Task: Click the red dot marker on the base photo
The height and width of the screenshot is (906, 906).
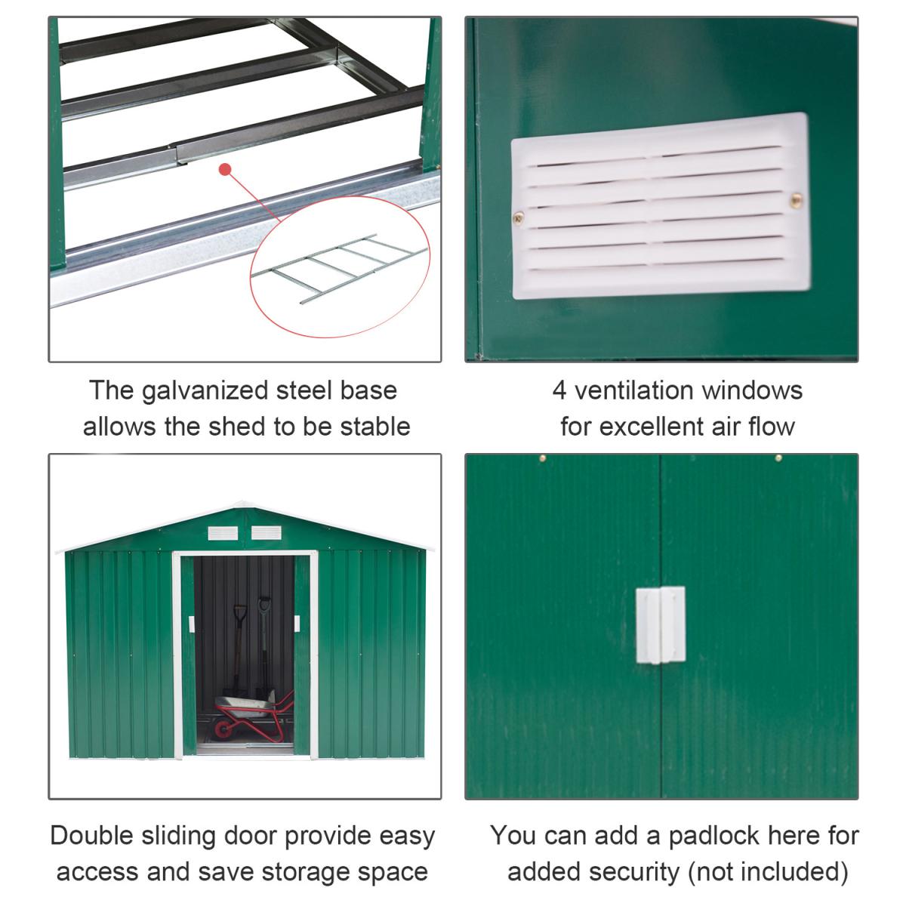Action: pyautogui.click(x=225, y=169)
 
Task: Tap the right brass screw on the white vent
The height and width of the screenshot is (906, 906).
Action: pyautogui.click(x=796, y=200)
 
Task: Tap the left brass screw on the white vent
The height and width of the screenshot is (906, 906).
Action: pyautogui.click(x=519, y=217)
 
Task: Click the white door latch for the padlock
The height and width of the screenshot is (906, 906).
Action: pyautogui.click(x=660, y=625)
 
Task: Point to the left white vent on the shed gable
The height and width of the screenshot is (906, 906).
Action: pyautogui.click(x=223, y=533)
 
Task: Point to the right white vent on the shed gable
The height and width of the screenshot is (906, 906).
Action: pyautogui.click(x=266, y=533)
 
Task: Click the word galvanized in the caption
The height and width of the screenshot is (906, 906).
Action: pyautogui.click(x=205, y=391)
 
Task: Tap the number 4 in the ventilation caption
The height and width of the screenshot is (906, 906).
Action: pyautogui.click(x=559, y=390)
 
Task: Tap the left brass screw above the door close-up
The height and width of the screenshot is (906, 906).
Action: pyautogui.click(x=543, y=458)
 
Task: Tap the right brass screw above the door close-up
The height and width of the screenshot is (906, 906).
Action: pyautogui.click(x=778, y=458)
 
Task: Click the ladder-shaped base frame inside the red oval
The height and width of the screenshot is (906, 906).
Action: pyautogui.click(x=340, y=268)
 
